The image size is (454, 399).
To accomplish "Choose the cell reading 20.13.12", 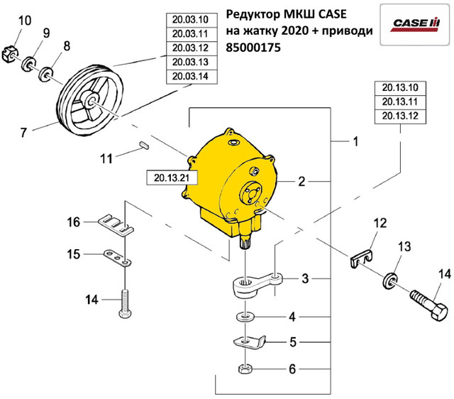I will coord(399,116).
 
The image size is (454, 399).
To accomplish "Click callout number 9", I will coord(46,33).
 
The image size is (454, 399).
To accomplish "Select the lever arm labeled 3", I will coord(258,280).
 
